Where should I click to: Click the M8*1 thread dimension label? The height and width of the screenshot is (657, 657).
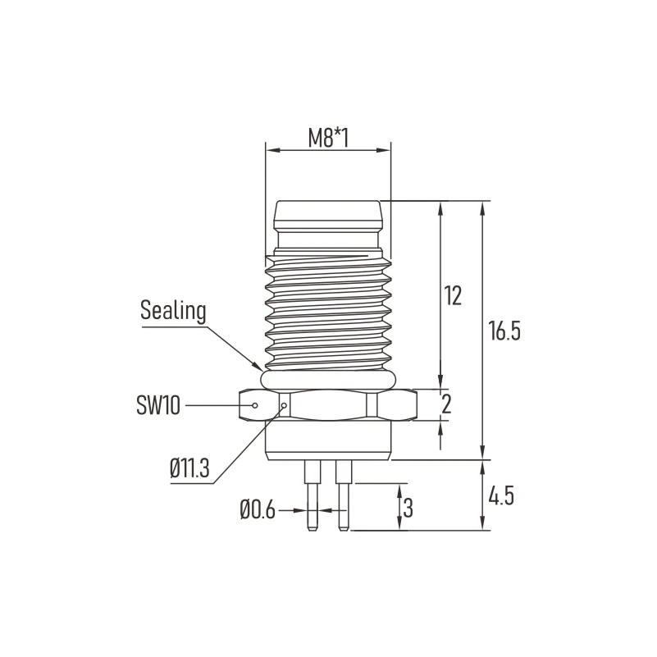tap(329, 138)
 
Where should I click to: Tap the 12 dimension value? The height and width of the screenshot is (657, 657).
tap(454, 295)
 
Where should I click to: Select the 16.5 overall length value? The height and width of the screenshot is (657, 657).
tap(504, 331)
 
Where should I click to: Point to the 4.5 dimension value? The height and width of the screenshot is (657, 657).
tap(500, 496)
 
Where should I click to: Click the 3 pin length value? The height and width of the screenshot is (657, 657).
tap(408, 508)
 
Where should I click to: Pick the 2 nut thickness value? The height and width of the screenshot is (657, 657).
tap(447, 404)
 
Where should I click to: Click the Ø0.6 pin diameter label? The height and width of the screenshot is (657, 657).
tap(258, 510)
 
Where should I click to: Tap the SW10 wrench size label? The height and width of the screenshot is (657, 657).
tap(158, 404)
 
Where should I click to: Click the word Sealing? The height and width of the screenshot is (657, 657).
tap(172, 311)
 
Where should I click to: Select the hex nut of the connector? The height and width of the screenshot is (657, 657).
tap(328, 404)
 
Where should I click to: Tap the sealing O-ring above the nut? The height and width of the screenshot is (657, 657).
tap(328, 379)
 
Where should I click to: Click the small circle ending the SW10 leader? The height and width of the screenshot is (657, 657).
tap(256, 405)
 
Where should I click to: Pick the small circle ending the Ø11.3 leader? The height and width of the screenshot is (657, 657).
tap(284, 405)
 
